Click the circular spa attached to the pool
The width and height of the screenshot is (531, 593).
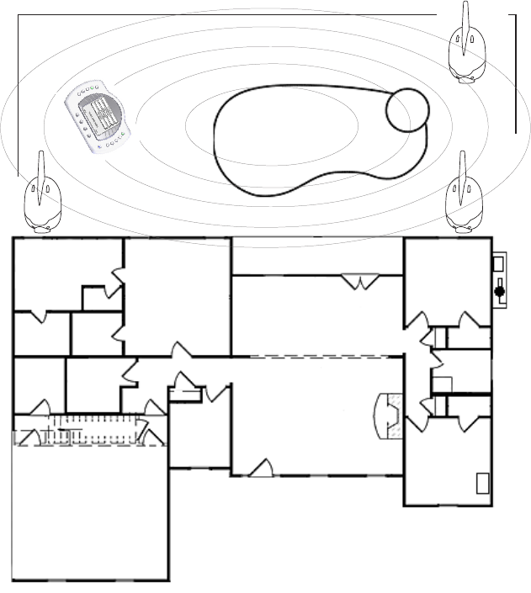click(408, 109)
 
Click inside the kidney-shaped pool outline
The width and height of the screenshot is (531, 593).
click(286, 139)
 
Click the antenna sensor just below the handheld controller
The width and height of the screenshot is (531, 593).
click(41, 198)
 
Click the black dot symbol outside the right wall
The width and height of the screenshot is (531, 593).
click(499, 292)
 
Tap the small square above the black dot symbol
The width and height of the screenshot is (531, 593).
click(496, 264)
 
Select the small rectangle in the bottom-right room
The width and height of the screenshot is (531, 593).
click(483, 484)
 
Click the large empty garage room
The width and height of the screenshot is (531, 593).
click(88, 513)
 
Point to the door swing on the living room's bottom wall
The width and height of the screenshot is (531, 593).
click(262, 469)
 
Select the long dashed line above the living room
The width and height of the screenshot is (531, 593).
click(316, 357)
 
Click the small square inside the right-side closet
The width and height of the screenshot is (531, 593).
click(443, 384)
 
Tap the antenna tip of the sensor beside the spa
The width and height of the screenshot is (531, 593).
click(465, 7)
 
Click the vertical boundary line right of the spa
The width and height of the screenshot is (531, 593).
click(515, 76)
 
